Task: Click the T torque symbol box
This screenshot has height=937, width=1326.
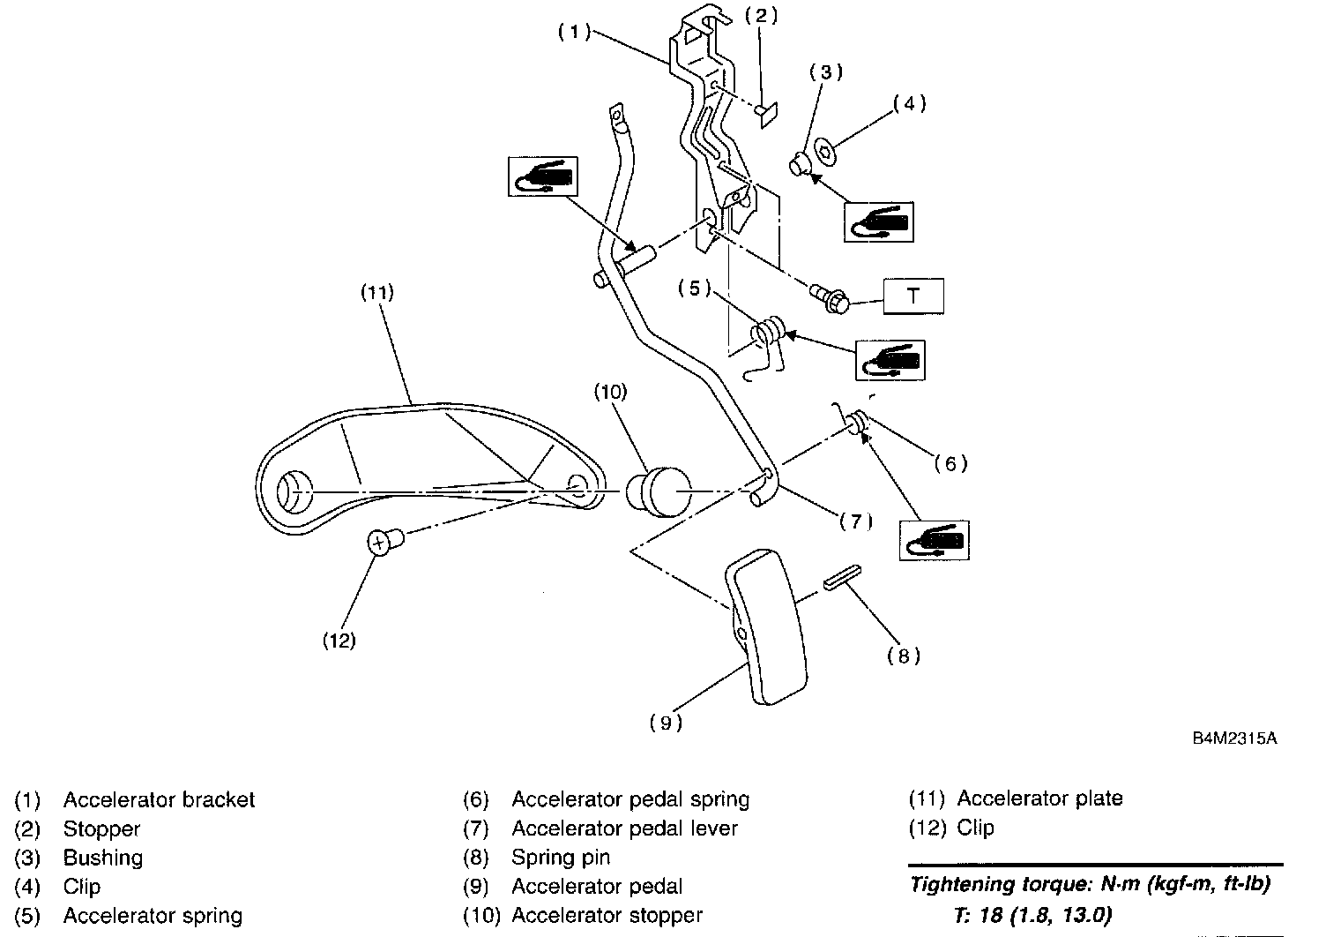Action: click(913, 296)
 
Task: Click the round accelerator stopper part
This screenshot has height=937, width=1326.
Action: click(653, 490)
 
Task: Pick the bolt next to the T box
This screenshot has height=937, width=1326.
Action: click(831, 297)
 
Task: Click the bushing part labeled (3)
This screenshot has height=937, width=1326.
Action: click(801, 164)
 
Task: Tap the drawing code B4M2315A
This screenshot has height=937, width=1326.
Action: click(1233, 738)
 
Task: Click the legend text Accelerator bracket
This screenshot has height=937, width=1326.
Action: click(159, 800)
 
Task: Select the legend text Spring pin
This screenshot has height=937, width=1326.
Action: click(561, 858)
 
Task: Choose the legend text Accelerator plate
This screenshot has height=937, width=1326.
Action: click(1039, 799)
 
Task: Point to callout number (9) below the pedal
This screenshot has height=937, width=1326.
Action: click(666, 723)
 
